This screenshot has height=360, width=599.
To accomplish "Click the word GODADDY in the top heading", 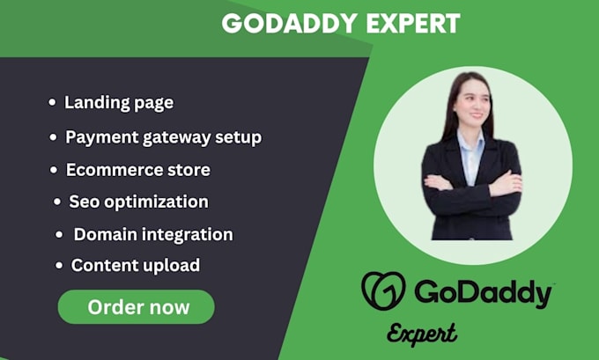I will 277,24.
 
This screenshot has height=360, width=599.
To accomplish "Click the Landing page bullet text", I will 119,102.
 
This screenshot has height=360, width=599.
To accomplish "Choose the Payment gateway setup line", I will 164,137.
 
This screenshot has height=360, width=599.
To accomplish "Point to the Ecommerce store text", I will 137,169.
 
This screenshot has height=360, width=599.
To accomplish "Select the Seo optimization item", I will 138,202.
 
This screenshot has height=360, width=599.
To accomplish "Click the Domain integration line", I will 153,234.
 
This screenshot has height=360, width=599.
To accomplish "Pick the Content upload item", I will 136,265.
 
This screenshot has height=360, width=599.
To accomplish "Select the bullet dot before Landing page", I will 52,103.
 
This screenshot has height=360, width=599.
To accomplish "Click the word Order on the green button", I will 112,306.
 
